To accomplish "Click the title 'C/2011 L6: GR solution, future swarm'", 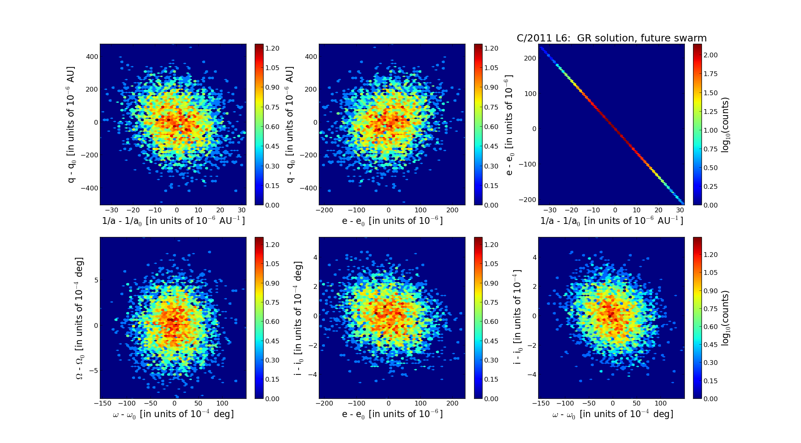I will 611,38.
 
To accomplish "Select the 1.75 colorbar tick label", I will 711,74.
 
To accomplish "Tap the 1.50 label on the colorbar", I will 711,93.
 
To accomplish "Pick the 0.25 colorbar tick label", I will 711,186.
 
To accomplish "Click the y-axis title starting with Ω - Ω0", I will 80,318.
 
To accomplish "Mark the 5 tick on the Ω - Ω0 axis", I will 96,280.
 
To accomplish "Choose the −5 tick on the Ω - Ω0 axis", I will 93,371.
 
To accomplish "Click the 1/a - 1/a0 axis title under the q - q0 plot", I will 173,221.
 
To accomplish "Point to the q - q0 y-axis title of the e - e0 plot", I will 290,125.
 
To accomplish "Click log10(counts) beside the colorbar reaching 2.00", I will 725,125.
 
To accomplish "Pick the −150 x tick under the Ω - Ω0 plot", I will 103,403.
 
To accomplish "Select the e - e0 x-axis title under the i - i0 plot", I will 392,414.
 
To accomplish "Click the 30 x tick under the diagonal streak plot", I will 680,210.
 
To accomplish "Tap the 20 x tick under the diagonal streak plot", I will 658,210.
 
